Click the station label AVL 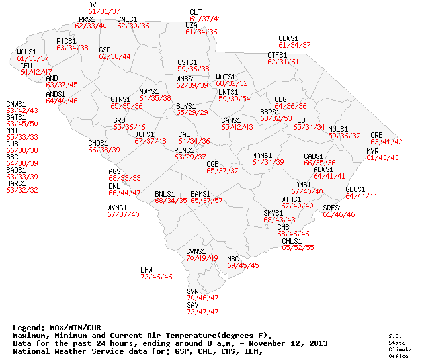pyautogui.click(x=94, y=5)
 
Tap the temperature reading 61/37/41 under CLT pyautogui.click(x=206, y=19)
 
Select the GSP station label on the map pyautogui.click(x=105, y=50)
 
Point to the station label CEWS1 pyautogui.click(x=289, y=38)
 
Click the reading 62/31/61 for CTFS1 pyautogui.click(x=283, y=62)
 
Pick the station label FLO pyautogui.click(x=299, y=120)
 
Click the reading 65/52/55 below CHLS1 pyautogui.click(x=298, y=247)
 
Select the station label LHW pyautogui.click(x=146, y=270)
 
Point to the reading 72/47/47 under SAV pyautogui.click(x=202, y=312)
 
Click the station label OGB pyautogui.click(x=212, y=163)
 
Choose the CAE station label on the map pyautogui.click(x=184, y=134)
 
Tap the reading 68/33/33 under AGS pyautogui.click(x=124, y=178)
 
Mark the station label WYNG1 pyautogui.click(x=117, y=208)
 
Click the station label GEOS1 pyautogui.click(x=355, y=189)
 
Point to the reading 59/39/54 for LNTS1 pyautogui.click(x=234, y=99)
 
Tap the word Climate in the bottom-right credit pyautogui.click(x=395, y=349)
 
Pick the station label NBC pyautogui.click(x=233, y=258)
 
